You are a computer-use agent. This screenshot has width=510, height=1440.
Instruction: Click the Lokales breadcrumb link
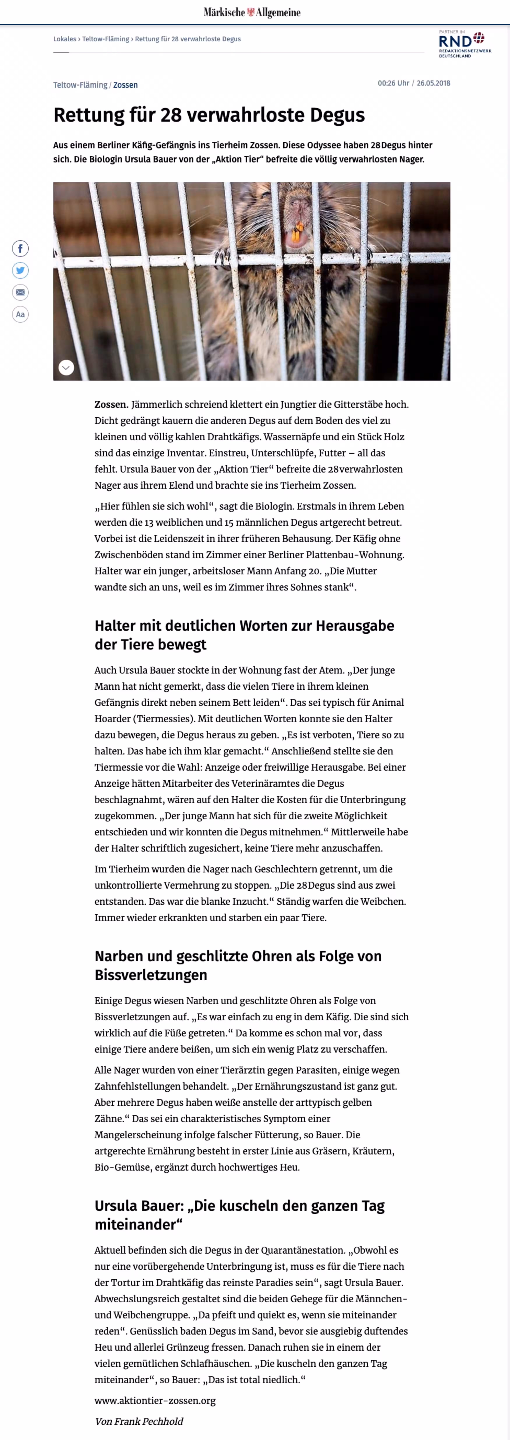click(64, 39)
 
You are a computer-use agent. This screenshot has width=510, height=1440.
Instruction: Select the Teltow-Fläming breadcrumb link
click(106, 39)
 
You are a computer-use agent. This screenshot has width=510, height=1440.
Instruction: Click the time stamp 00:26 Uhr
click(393, 83)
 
